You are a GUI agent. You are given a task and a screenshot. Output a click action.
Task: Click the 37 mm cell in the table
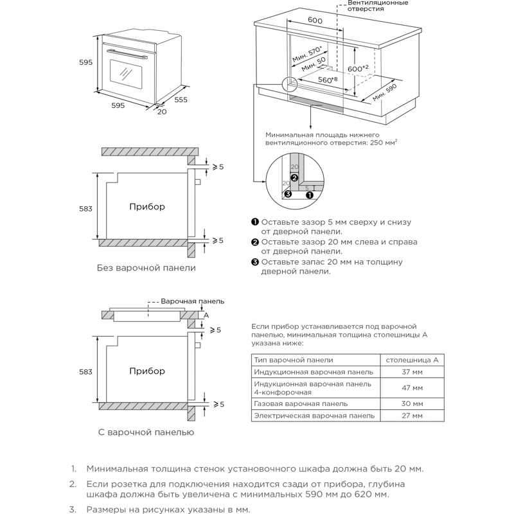coord(412,372)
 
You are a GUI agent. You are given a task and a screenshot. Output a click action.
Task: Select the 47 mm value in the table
coord(412,388)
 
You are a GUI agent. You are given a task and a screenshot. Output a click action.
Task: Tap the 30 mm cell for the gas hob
coord(412,403)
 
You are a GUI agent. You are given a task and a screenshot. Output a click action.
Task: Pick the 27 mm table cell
coord(412,416)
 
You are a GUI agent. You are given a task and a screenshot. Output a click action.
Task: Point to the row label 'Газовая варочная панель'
coord(301,403)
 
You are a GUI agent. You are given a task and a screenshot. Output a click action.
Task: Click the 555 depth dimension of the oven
coord(181,100)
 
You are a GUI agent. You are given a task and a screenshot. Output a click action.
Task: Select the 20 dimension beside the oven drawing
coord(161,112)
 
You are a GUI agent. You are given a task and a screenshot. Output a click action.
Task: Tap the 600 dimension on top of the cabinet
coord(315,21)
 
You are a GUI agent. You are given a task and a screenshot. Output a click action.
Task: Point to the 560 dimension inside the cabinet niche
coord(329,80)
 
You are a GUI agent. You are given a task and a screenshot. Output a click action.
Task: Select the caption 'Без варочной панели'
coord(146,268)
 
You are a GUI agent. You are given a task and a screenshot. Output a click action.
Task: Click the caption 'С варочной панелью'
coord(146,432)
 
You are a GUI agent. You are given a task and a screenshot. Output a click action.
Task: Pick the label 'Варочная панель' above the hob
coord(192,301)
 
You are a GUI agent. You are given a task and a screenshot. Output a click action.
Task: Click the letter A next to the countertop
coord(206,315)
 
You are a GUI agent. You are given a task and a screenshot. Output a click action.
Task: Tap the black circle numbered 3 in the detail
coord(288,193)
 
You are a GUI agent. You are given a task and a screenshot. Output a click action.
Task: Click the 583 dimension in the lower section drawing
coord(86,372)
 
